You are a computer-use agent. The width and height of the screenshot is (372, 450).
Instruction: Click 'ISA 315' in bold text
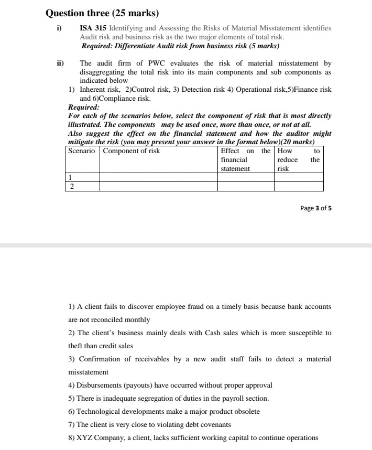91,28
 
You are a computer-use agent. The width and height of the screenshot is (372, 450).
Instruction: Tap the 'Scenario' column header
82,151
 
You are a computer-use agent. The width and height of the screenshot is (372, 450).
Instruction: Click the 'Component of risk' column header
132,151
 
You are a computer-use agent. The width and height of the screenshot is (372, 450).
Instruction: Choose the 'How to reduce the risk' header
298,159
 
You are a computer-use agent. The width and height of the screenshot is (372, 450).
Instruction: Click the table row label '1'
71,177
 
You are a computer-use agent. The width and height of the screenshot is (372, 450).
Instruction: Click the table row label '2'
71,186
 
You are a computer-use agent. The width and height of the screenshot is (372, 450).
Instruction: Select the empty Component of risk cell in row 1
158,177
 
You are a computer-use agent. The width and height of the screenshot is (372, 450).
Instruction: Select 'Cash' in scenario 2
197,333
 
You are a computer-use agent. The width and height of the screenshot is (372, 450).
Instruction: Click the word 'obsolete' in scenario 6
246,412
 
